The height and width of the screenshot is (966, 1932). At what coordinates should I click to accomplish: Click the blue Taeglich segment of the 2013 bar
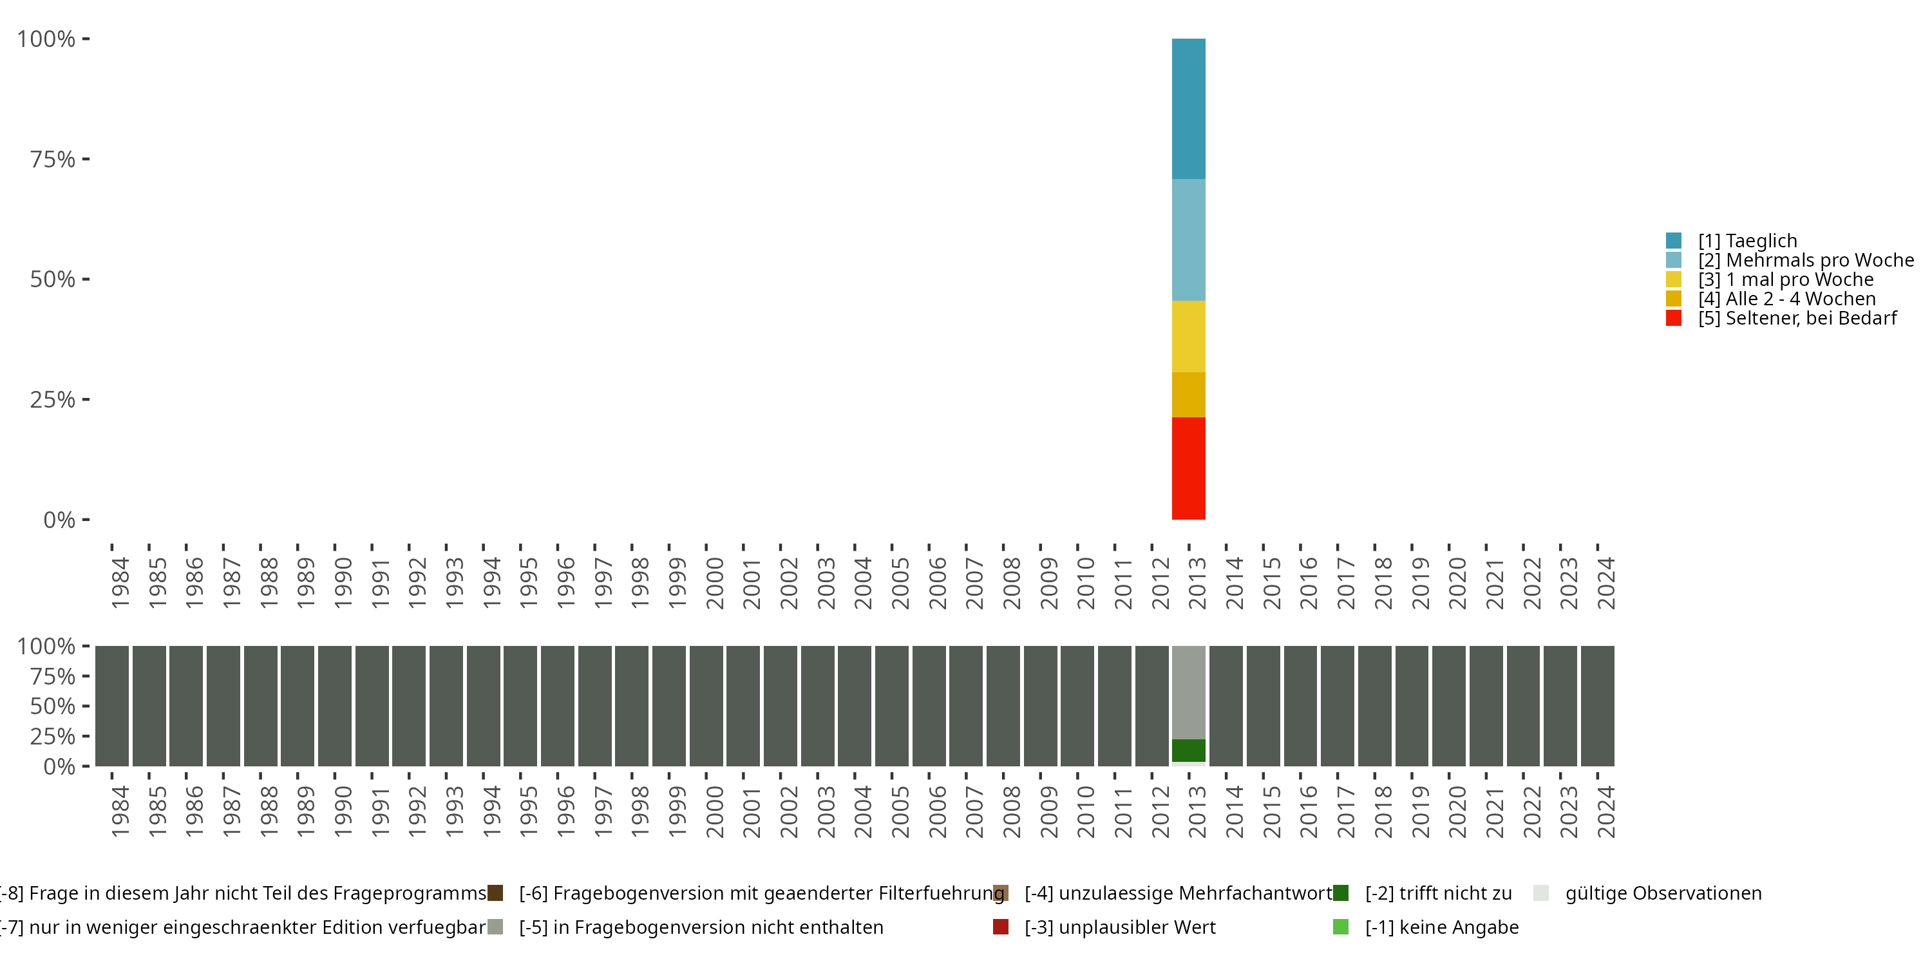coord(1189,109)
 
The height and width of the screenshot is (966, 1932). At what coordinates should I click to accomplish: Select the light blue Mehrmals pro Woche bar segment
coord(1189,240)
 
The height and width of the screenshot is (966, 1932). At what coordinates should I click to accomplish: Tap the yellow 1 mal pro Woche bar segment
coord(1189,337)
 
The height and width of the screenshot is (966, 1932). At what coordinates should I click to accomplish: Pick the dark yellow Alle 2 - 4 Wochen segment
coord(1189,395)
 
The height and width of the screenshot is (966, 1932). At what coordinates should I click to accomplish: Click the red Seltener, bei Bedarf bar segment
coord(1189,468)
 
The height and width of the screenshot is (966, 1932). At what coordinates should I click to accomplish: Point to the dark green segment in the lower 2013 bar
coord(1189,750)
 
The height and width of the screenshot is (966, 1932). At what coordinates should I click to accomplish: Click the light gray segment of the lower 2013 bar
coord(1189,692)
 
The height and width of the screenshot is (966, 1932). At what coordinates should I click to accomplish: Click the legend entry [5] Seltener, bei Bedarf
coord(1797,318)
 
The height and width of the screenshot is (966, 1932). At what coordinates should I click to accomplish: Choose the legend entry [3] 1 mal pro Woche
coord(1786,279)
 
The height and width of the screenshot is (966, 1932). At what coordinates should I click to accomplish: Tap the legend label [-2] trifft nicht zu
coord(1438,893)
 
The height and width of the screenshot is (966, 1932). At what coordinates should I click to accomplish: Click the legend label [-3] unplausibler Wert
coord(1120,927)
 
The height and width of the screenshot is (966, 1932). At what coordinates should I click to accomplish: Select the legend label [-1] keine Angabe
coord(1441,927)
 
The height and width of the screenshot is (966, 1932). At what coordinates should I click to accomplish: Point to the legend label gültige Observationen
coord(1663,893)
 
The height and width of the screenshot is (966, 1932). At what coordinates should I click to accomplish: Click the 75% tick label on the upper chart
coord(53,159)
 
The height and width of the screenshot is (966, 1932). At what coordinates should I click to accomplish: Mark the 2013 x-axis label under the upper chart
coord(1198,583)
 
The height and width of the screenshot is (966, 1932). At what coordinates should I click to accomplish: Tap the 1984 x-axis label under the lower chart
coord(120,811)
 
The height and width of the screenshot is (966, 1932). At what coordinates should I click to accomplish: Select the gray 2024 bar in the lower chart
coord(1598,706)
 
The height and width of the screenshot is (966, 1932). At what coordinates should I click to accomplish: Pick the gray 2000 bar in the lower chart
coord(706,706)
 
